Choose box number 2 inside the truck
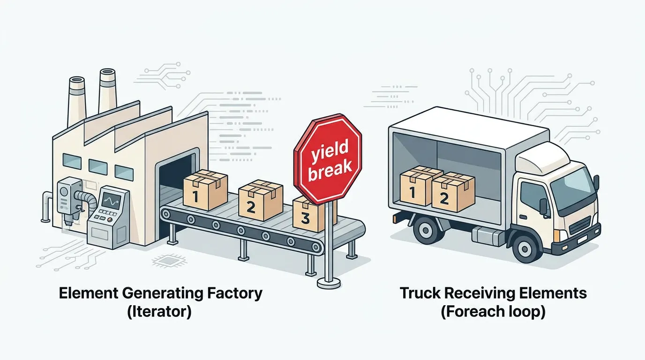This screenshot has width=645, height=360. pyautogui.click(x=452, y=192)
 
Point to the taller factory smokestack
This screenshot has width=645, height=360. pyautogui.click(x=107, y=91)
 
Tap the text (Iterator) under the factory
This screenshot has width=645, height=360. pyautogui.click(x=159, y=312)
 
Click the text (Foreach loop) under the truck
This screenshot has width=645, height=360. pyautogui.click(x=493, y=312)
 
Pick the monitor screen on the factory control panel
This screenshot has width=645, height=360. pyautogui.click(x=111, y=202)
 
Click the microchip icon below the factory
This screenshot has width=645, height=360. pyautogui.click(x=165, y=261)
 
